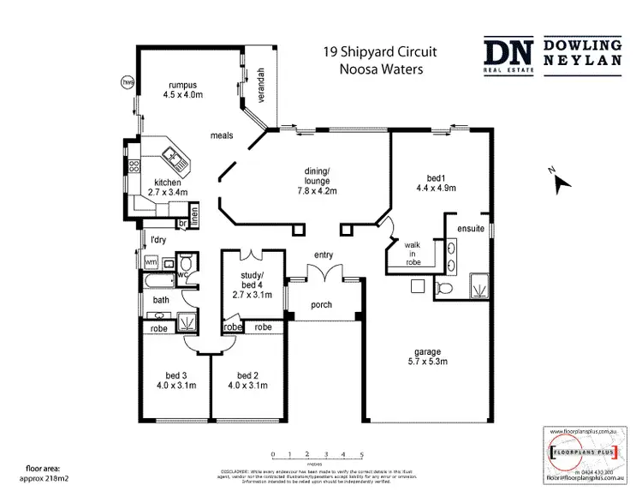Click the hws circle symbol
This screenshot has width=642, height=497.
[x=128, y=82]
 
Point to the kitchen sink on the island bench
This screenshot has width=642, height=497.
[x=172, y=155]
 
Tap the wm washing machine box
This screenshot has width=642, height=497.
[x=152, y=261]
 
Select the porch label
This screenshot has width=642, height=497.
[x=321, y=306]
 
